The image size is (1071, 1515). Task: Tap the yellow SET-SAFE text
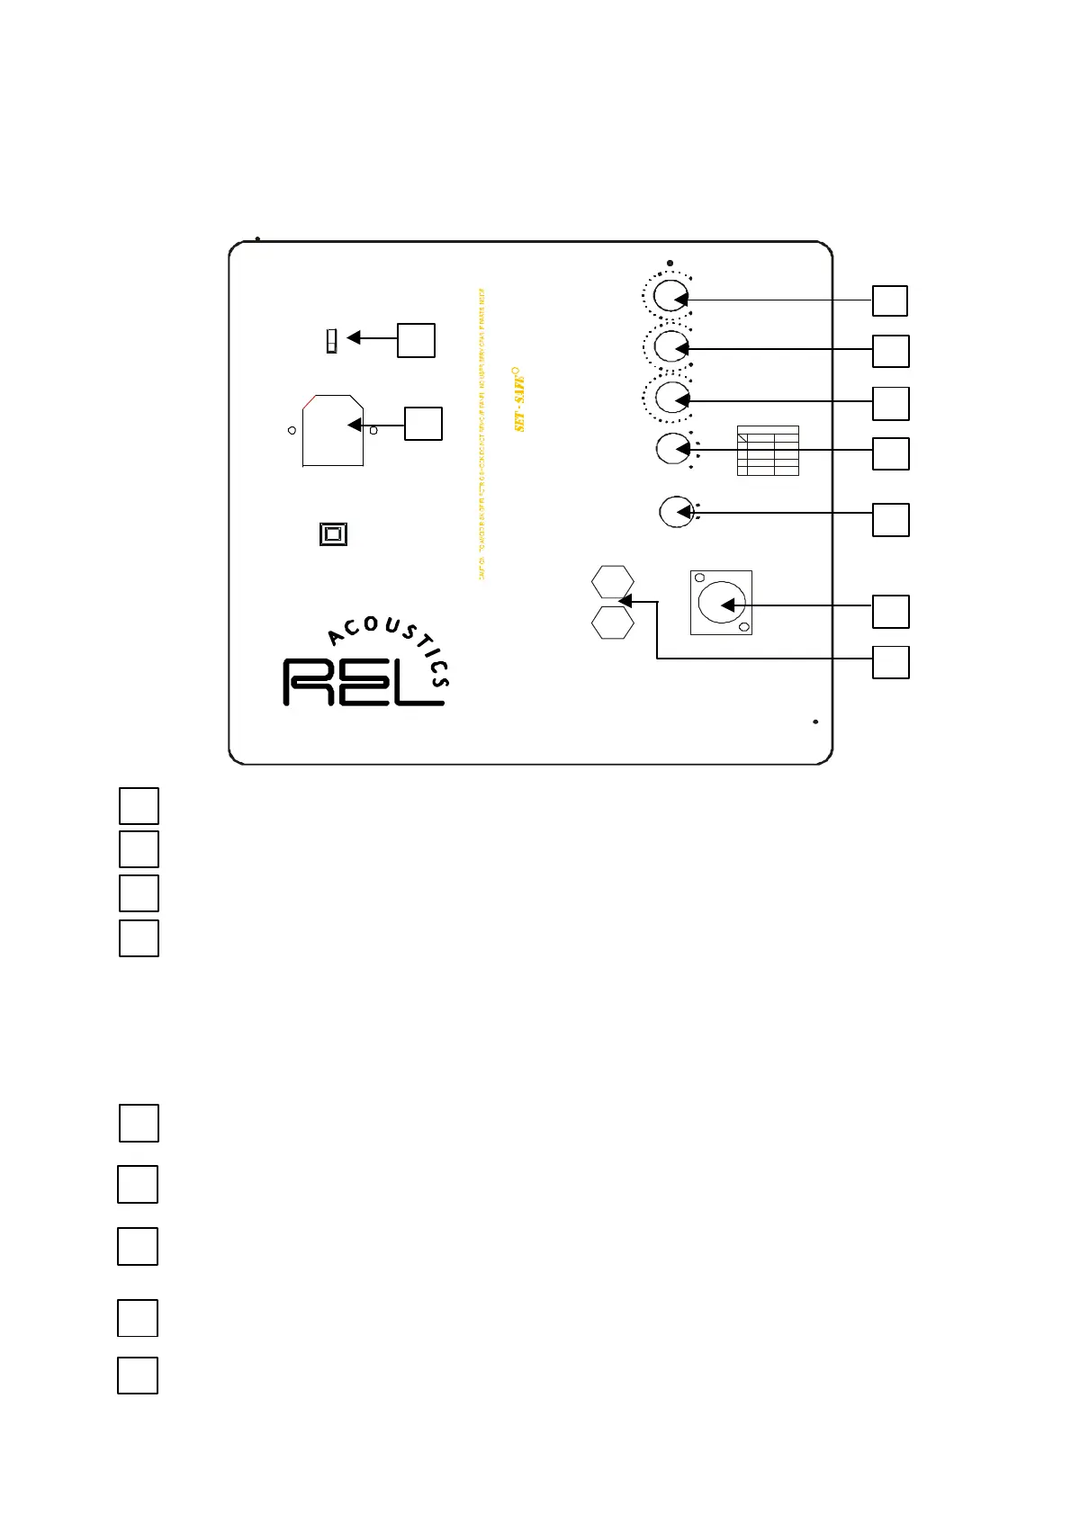(x=520, y=402)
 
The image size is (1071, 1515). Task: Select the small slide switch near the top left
(x=331, y=341)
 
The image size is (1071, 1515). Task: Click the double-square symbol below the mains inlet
(x=333, y=534)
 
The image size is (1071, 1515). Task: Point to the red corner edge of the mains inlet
(x=309, y=402)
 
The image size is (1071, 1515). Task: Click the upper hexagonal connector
(x=612, y=582)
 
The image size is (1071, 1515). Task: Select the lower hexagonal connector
(x=612, y=623)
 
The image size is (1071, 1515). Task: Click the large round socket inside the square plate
(x=722, y=603)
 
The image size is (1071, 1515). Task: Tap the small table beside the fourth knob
(x=768, y=451)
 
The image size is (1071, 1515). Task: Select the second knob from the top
(x=670, y=345)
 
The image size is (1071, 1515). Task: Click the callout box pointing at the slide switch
(x=416, y=340)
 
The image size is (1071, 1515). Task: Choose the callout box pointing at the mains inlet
(x=423, y=424)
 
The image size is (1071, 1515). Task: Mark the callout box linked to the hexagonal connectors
(x=890, y=662)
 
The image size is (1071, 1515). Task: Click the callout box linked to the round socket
(x=890, y=612)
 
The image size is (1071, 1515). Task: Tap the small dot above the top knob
(x=670, y=264)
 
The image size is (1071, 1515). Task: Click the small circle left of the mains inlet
(x=292, y=431)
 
